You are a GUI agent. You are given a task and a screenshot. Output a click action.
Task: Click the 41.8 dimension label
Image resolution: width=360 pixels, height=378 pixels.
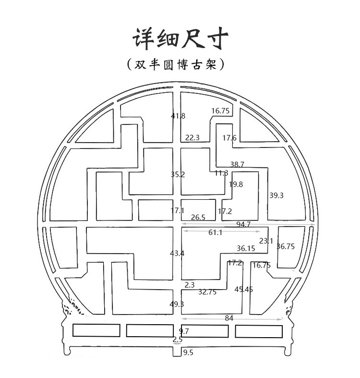tap(178, 116)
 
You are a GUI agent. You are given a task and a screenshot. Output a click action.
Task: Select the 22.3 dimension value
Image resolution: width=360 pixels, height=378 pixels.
tap(192, 138)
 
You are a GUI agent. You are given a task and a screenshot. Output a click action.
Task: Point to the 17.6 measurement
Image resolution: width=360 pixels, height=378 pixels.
tap(229, 138)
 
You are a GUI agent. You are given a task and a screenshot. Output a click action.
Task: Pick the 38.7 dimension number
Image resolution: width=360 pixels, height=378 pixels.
tap(237, 164)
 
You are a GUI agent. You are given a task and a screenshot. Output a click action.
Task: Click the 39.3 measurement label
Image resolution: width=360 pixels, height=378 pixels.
tap(276, 195)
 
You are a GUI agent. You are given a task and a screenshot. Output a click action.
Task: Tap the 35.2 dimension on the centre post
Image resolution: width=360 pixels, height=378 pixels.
tap(178, 175)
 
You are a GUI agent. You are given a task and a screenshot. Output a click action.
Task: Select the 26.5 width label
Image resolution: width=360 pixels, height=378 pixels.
tap(198, 218)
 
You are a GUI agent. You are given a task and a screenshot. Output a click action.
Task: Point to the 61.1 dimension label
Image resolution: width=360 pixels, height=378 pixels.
tap(215, 232)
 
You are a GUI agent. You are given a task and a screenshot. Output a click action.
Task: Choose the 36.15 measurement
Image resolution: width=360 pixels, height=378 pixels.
tap(246, 248)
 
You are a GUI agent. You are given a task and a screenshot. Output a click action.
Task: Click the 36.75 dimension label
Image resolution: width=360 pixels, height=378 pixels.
tap(286, 246)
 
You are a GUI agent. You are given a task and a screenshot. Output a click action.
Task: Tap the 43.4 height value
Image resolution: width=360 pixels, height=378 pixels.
tap(177, 253)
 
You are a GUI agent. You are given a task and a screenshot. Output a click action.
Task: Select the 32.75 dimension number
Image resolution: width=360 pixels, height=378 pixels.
tap(207, 292)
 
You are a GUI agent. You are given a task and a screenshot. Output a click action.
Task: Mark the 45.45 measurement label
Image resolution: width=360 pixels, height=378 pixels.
tap(243, 289)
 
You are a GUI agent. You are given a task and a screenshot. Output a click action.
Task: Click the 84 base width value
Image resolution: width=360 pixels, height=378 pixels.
tap(229, 317)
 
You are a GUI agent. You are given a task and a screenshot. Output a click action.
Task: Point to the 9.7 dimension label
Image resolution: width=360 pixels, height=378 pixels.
tap(184, 331)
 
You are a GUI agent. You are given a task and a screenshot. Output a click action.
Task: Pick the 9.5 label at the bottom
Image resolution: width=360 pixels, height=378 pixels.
tap(188, 353)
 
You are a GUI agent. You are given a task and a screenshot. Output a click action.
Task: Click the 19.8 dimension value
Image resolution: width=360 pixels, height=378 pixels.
tap(236, 184)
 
